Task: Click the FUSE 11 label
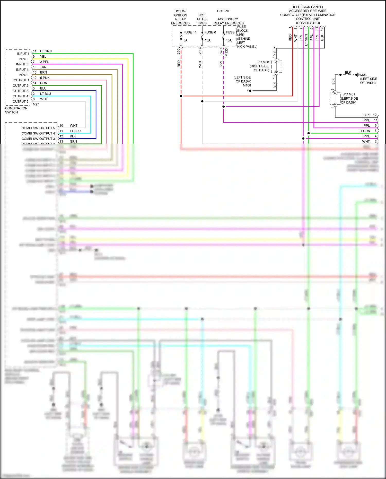pos(190,32)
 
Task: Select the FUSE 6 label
pos(210,32)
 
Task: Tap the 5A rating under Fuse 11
pos(185,40)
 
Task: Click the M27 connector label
pos(36,104)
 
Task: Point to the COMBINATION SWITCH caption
pos(16,110)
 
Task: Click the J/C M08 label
pos(263,62)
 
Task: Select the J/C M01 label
pos(349,94)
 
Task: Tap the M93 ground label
pos(363,75)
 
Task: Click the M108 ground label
pos(247,85)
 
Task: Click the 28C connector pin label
pos(200,51)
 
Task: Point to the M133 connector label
pos(227,53)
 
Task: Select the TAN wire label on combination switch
pos(43,67)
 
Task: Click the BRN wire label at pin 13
pos(43,72)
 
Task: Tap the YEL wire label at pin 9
pos(43,57)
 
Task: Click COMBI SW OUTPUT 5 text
pos(38,128)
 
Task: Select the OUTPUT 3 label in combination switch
pos(20,91)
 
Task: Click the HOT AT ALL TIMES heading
pos(202,19)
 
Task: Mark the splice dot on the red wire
pos(181,96)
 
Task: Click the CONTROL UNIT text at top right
pos(308,19)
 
